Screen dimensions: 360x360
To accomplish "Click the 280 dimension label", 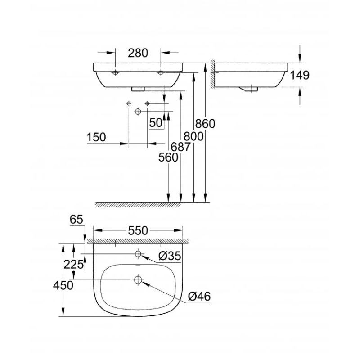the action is point(138,53).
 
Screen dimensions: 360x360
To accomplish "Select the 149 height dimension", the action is point(300,75).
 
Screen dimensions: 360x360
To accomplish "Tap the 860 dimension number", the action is point(205,124).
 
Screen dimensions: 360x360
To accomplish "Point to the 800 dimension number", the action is point(193,137).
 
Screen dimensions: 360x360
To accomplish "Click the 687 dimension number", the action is point(181,147).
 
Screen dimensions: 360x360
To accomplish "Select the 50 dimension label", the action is point(156,123).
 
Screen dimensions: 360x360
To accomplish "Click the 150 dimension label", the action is point(96,138).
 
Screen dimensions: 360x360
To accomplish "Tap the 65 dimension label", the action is point(76,220).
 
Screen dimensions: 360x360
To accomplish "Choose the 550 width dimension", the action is point(138,231).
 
